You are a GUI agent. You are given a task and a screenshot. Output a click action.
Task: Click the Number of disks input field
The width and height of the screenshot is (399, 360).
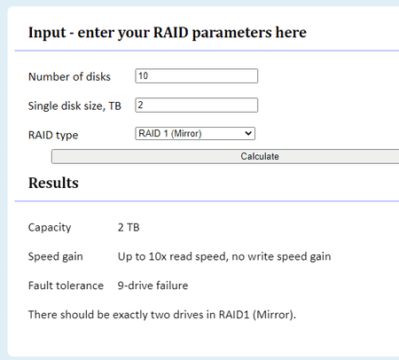click(197, 76)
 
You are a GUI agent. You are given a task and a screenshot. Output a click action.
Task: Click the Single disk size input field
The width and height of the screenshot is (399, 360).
click(197, 106)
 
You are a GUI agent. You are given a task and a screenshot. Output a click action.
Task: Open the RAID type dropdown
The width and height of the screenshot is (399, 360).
click(195, 134)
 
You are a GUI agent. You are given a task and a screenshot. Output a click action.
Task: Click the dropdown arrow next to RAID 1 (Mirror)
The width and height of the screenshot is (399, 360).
click(248, 134)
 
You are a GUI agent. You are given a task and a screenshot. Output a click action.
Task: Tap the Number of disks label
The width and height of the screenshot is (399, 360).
click(69, 77)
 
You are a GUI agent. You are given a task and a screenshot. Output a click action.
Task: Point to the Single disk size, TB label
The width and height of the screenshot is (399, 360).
click(74, 106)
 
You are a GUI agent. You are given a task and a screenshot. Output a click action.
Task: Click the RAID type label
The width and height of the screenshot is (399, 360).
click(53, 136)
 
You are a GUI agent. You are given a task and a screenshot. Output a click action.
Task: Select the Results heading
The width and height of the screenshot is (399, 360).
click(53, 183)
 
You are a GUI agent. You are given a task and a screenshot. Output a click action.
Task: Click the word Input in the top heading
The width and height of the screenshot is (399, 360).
click(47, 33)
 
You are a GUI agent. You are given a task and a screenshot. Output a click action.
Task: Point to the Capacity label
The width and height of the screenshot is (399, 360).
click(50, 228)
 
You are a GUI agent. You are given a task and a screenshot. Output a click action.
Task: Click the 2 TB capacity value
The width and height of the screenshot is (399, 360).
click(129, 228)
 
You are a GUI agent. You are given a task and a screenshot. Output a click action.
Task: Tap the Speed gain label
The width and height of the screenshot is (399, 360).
click(56, 256)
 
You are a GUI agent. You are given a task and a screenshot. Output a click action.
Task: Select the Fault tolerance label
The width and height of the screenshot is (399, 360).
click(66, 286)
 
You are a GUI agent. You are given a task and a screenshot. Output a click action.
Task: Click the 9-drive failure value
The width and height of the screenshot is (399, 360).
click(153, 286)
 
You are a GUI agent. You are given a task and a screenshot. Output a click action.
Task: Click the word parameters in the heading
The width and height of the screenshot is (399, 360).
click(231, 33)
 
